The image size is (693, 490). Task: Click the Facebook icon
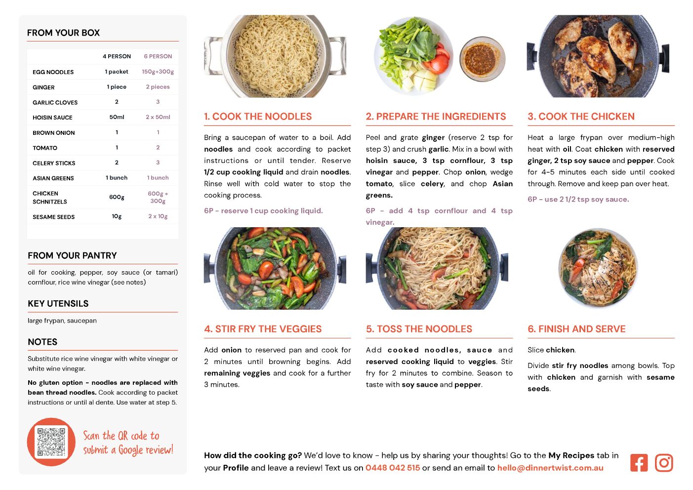point(639,462)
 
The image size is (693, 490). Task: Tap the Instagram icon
point(664,462)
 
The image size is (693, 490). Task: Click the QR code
point(51,442)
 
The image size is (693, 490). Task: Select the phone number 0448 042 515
point(393,468)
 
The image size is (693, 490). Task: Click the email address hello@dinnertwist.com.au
point(550,468)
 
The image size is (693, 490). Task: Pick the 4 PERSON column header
point(117,56)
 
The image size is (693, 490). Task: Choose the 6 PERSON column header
point(158,56)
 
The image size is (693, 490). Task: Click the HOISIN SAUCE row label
point(52,118)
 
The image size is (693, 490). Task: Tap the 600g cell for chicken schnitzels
point(117,197)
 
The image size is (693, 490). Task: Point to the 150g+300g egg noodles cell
point(158,72)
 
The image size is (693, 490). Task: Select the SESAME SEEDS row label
point(53,217)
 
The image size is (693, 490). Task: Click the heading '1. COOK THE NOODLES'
point(258,116)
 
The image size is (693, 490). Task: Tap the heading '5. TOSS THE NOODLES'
point(419,329)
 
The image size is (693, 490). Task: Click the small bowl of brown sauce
point(482,59)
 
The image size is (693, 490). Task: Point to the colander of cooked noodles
point(275,56)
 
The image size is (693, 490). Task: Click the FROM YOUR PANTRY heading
point(72,255)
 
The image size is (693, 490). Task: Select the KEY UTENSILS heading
point(58,303)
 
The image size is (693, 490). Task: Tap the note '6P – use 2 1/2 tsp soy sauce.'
point(578,200)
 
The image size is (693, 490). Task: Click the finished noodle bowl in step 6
point(598,268)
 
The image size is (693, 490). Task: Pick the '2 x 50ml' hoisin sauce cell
point(158,117)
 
